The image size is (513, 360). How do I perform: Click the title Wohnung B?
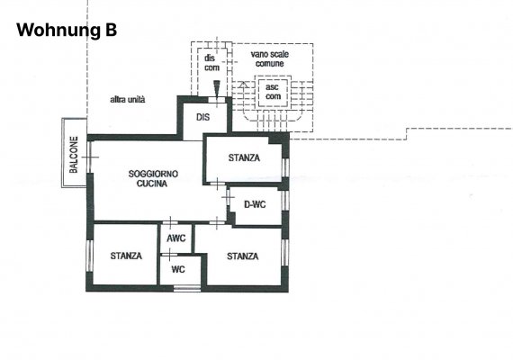pos(67,30)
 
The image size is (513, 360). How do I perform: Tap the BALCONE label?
pos(74,155)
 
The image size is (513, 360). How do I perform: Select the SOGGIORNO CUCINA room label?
pos(153,178)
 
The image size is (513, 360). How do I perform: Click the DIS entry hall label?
pos(202,117)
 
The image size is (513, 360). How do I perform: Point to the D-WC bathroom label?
pos(255,204)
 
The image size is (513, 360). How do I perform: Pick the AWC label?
pos(176,238)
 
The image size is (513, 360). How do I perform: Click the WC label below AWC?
pos(178,269)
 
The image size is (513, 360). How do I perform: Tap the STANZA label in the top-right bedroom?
pos(244,157)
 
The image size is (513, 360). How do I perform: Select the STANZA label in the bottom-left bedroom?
pos(126,256)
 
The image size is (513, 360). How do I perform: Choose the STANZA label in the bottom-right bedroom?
pos(243,256)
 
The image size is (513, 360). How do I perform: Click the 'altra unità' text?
pos(128,100)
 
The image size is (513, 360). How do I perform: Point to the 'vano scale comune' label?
pos(270,58)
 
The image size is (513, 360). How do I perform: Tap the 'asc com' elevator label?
pos(273,92)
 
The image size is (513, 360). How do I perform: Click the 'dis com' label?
pos(211,63)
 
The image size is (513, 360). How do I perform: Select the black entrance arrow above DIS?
pos(217,87)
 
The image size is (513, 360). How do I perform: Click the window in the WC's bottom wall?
pos(187,288)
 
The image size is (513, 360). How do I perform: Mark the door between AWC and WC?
pos(169,255)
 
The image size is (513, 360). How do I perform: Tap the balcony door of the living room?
pos(89,157)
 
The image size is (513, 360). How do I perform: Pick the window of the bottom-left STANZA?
pos(89,256)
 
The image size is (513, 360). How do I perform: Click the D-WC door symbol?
pos(228,197)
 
